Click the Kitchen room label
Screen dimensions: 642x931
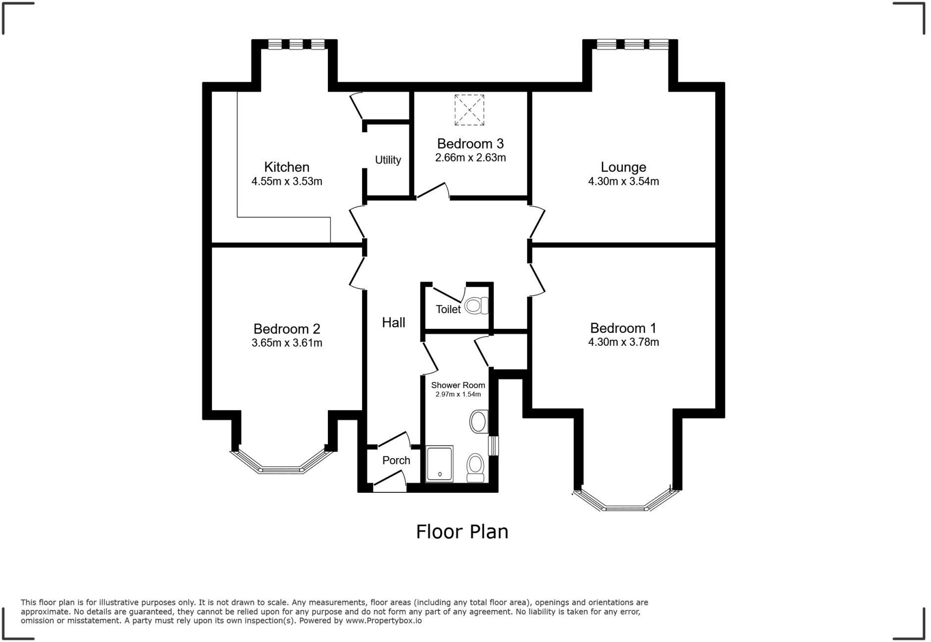coord(286,167)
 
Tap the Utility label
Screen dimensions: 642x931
coord(388,160)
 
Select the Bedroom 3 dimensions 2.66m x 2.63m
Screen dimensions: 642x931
coord(470,158)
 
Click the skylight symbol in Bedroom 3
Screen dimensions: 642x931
coord(469,109)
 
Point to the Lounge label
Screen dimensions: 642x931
coord(623,167)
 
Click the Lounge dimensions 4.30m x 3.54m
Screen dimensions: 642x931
coord(623,181)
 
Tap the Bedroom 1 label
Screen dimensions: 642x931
coord(623,328)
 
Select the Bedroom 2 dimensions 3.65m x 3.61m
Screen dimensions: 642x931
coord(287,343)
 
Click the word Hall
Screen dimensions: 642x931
coord(393,322)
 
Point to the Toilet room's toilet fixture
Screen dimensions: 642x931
coord(476,305)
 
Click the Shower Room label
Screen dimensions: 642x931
coord(458,385)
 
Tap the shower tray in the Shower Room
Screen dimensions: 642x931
coord(439,464)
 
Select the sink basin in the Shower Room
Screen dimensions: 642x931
coord(478,422)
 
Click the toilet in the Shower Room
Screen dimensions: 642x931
coord(475,467)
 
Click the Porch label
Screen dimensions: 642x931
coord(396,460)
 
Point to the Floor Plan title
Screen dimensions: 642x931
coord(462,532)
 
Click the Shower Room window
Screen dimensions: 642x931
coord(493,445)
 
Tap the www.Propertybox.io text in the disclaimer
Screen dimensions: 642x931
coord(383,620)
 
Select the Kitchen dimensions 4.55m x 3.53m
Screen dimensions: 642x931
coord(286,181)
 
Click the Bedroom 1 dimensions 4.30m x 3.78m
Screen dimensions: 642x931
coord(623,342)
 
